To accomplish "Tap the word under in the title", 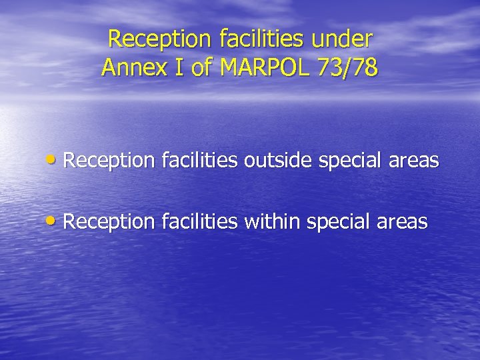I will [343, 39].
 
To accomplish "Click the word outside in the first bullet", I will [275, 161].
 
